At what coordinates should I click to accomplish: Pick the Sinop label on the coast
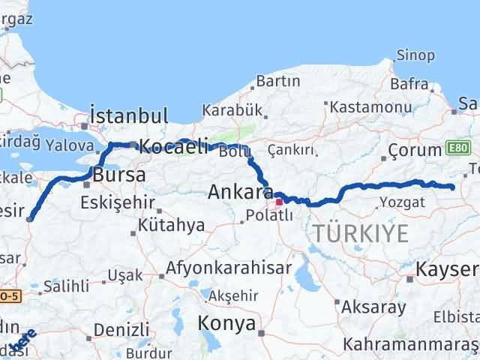(415, 55)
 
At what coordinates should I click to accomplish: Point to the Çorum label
(410, 152)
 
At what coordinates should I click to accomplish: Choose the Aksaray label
(373, 307)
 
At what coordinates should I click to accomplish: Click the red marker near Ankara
(278, 201)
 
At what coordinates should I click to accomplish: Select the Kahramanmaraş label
(411, 344)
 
